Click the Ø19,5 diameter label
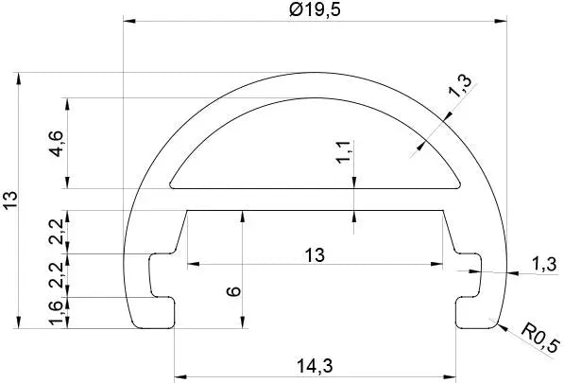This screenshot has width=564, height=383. pos(314,10)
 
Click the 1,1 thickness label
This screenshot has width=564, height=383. pos(343,151)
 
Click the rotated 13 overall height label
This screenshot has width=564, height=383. pos(10,200)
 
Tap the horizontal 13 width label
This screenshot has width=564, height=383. pos(315,254)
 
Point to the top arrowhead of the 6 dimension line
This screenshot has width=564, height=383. pos(244,215)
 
